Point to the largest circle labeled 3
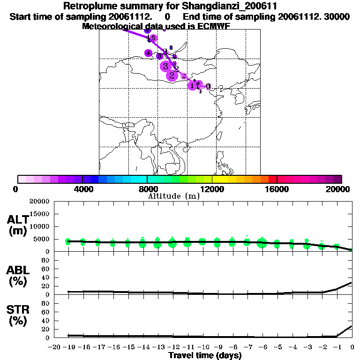(x=165, y=66)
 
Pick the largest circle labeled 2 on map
(x=172, y=75)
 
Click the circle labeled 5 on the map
(x=153, y=38)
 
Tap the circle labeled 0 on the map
(x=208, y=86)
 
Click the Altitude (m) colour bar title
(x=173, y=196)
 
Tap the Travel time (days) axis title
(x=204, y=355)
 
